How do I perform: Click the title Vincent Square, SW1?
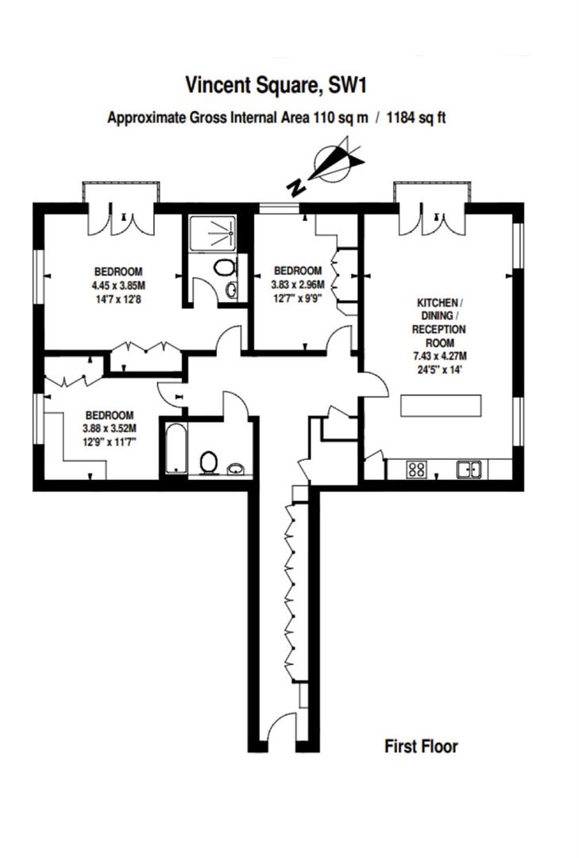[280, 84]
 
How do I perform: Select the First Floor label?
[421, 746]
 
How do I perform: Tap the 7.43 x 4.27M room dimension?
[437, 356]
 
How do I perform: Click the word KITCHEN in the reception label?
[437, 303]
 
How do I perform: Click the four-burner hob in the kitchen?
[416, 469]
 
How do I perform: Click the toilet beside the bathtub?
[209, 461]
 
